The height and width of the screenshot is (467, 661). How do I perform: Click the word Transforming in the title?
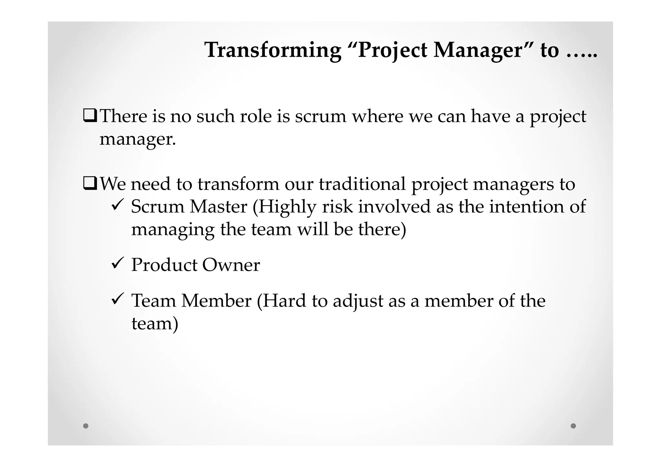273,50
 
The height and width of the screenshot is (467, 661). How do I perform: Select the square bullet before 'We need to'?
90,184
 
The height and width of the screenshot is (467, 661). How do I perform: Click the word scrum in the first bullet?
320,116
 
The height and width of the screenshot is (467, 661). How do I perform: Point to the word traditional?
362,184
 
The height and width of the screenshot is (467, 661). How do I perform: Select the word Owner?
231,265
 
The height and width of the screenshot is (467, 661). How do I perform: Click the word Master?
218,207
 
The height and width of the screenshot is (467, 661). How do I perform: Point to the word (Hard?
281,301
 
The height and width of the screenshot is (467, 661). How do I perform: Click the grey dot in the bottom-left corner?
86,426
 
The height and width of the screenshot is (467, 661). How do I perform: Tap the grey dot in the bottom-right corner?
573,426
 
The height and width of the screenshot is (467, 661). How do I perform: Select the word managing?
173,230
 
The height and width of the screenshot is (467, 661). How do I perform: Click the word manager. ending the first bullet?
137,140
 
